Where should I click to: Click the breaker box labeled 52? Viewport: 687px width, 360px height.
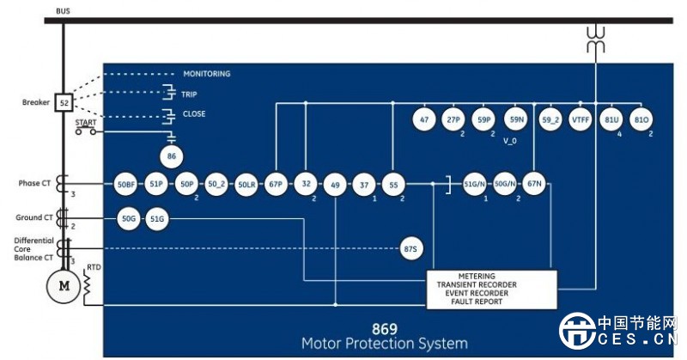[x=64, y=103]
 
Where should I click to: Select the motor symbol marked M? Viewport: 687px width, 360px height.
[x=64, y=287]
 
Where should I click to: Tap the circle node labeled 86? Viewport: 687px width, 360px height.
[x=172, y=156]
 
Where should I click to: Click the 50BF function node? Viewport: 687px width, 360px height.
[x=126, y=184]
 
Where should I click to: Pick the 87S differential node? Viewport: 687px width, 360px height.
[x=411, y=249]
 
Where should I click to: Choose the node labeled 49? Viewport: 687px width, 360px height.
[x=334, y=184]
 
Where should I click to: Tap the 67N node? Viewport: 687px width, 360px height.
[x=535, y=184]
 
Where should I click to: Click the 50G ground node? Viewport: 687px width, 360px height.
[x=128, y=219]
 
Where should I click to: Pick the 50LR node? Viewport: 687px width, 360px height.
[x=246, y=184]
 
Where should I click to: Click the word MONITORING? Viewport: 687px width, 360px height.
[x=206, y=74]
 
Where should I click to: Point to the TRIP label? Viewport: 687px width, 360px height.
[x=189, y=94]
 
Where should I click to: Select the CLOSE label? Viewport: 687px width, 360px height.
[x=193, y=113]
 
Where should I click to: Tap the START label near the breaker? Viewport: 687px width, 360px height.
[x=85, y=123]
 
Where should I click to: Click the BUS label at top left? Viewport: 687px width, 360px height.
[x=63, y=10]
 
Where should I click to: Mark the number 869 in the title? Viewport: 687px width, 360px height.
[x=384, y=328]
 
